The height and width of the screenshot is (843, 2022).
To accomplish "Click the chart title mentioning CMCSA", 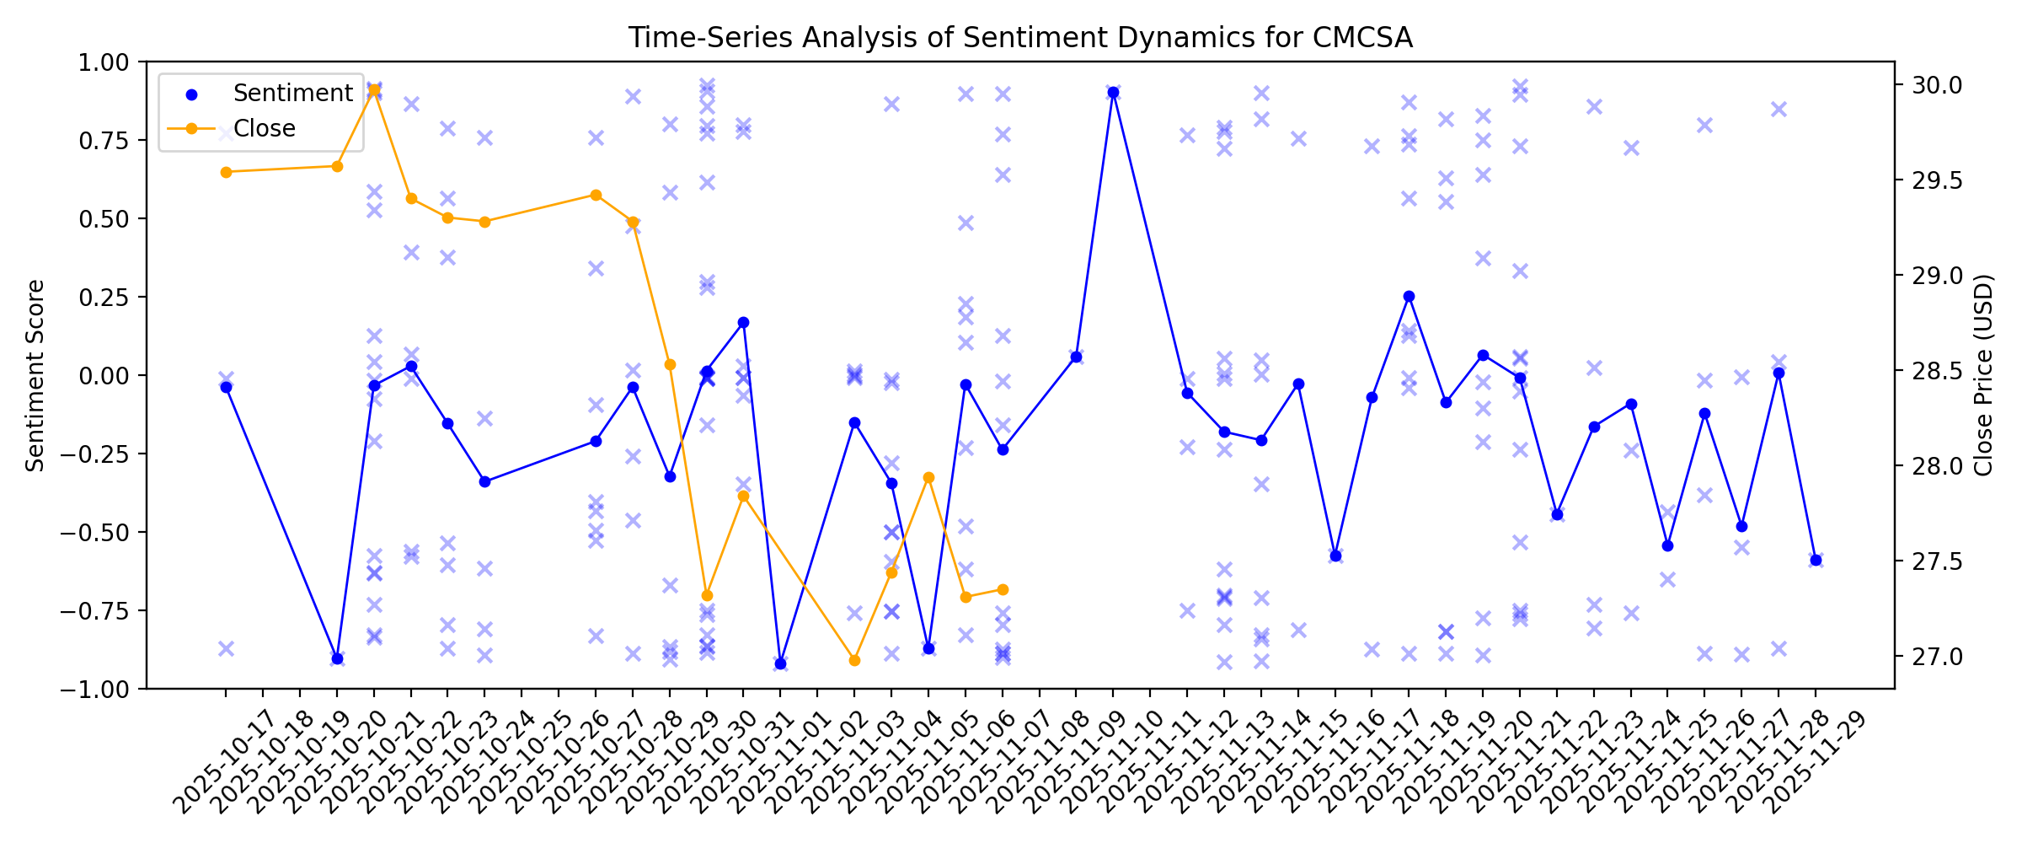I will click(1020, 38).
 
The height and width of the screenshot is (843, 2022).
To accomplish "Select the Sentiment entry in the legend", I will click(292, 93).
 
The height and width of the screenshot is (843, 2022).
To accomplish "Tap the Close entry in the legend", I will click(264, 128).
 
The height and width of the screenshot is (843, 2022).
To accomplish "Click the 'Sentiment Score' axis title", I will click(35, 375).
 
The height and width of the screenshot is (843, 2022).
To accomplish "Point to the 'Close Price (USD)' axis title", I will click(1984, 375).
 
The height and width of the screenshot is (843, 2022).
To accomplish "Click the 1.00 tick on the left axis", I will click(104, 62).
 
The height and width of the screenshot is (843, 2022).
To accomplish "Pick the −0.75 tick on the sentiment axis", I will click(97, 610).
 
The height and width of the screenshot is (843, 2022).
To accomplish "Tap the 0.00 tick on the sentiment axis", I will click(104, 375).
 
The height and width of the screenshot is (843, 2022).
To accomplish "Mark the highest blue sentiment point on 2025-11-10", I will click(1113, 92).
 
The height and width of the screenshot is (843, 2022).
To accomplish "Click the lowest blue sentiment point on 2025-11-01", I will click(780, 664).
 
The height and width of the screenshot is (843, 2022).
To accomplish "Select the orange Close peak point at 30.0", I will click(374, 89).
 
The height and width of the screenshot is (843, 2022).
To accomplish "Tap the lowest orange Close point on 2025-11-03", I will click(854, 660).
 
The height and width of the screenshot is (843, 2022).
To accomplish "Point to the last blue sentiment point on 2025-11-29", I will click(1816, 560).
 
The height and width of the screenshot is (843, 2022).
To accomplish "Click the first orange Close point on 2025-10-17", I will click(226, 172).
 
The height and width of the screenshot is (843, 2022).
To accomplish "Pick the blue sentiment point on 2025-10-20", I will click(337, 658).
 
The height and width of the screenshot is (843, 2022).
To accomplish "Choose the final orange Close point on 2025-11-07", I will click(1003, 589).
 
